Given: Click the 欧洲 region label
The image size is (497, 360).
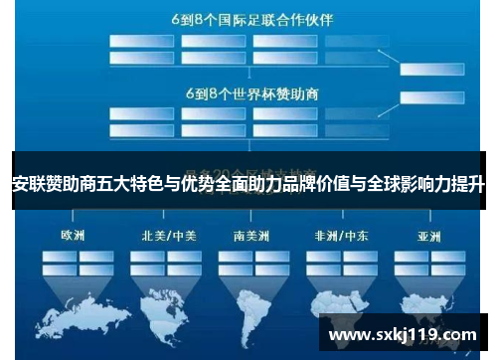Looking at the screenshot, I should coord(73,236).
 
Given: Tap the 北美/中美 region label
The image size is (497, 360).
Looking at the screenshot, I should coord(167,236).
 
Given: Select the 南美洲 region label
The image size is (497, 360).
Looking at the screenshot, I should coord(254,236).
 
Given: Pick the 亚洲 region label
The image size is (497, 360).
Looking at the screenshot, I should coord(429,236).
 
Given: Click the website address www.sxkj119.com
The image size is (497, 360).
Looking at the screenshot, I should coord(403,334).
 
